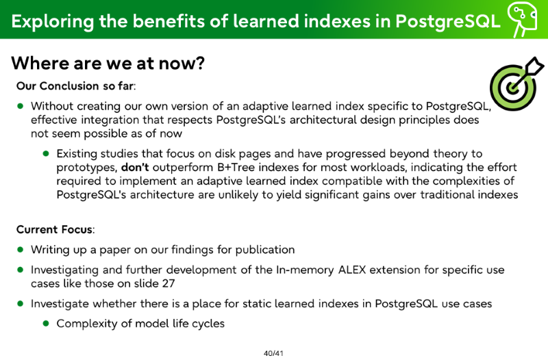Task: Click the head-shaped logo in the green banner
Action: coord(522,18)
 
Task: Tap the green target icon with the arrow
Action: coord(516,83)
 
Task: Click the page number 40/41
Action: coord(273,353)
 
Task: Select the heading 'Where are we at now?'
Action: coord(108,63)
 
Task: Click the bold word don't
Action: coord(135,167)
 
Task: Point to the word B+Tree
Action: coord(236,167)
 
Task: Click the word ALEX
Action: coord(352,270)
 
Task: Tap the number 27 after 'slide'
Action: coord(168,283)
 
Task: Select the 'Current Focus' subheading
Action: coord(55,229)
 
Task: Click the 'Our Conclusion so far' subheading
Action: coord(75,86)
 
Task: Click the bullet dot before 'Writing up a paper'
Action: coord(21,250)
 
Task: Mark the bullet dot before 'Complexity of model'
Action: coord(46,323)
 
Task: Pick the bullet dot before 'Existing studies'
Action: coord(46,153)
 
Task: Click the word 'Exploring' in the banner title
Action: coord(53,21)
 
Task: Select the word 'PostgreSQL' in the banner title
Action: coord(448,21)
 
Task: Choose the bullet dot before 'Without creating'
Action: coord(21,106)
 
